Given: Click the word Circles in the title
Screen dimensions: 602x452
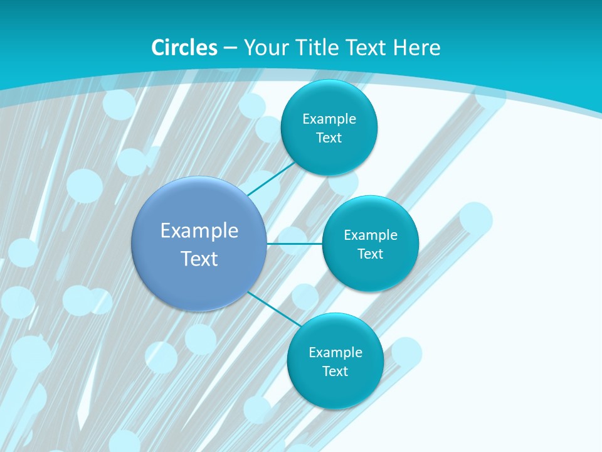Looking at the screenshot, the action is pos(184,48).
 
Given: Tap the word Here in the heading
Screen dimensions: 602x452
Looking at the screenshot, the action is pos(416,48).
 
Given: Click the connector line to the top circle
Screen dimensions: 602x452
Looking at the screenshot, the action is pos(272,180).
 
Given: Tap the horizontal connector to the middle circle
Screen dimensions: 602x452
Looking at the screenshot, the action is pos(294,244).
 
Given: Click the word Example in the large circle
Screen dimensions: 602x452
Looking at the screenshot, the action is pos(199,231).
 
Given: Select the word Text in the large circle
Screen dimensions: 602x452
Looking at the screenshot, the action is pos(199,259).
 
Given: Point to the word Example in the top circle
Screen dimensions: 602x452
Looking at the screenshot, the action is pos(329,119).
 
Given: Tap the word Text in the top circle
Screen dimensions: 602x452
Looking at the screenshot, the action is pos(329,138).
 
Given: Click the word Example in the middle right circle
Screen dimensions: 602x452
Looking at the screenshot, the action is pos(371,235).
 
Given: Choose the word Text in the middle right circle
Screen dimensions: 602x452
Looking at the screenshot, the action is pos(371,254).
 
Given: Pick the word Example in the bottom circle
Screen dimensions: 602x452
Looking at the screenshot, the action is pos(335,353).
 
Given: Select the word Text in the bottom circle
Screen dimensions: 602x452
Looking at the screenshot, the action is pos(335,372).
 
